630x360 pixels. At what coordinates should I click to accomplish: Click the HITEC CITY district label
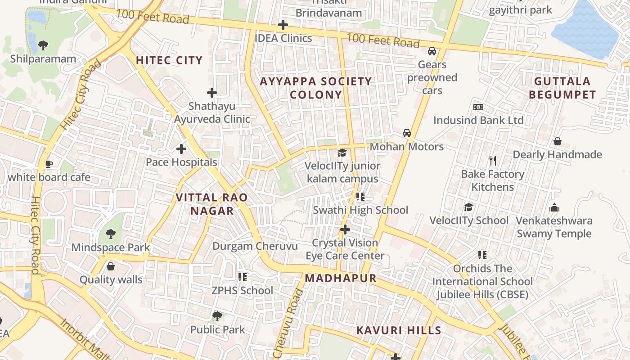click(169, 60)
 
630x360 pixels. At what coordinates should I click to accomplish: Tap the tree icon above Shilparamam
click(43, 45)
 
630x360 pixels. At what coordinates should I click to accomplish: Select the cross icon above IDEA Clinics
click(283, 25)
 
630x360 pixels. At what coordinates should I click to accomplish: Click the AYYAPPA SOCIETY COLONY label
click(316, 88)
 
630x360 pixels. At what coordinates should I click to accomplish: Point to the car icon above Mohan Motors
click(407, 133)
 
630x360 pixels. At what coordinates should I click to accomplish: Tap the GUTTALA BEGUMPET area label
click(562, 88)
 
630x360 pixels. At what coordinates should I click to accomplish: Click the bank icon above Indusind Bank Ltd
click(478, 107)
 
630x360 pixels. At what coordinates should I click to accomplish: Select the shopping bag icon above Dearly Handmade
click(557, 141)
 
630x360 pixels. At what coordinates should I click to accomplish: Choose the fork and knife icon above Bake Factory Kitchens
click(493, 160)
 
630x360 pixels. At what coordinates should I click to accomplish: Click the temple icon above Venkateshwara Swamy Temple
click(554, 207)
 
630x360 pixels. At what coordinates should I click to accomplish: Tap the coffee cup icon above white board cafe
click(49, 164)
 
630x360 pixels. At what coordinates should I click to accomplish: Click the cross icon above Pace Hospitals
click(181, 148)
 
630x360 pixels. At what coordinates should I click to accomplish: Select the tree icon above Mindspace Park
click(110, 234)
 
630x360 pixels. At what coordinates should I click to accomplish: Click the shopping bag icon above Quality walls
click(111, 266)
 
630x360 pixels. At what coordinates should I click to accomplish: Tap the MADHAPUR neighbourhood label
click(341, 278)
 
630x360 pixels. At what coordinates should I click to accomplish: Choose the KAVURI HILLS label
click(399, 331)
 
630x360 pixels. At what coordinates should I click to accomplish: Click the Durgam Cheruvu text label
click(255, 246)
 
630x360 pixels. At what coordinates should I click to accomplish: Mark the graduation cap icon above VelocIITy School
click(469, 207)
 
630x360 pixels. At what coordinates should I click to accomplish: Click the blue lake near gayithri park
click(587, 29)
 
